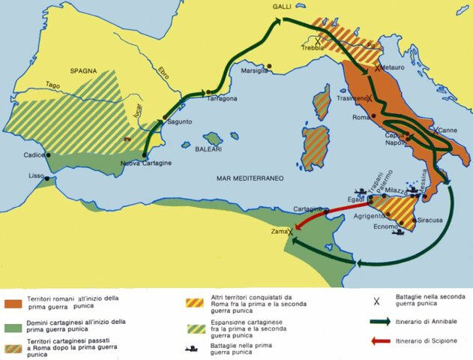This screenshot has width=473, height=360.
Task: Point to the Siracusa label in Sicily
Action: [431, 220]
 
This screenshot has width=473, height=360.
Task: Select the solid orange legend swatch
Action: [13, 304]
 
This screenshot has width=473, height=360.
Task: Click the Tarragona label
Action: [220, 99]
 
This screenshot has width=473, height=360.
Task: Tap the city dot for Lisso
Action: [46, 179]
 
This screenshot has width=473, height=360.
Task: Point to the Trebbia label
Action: [313, 47]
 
